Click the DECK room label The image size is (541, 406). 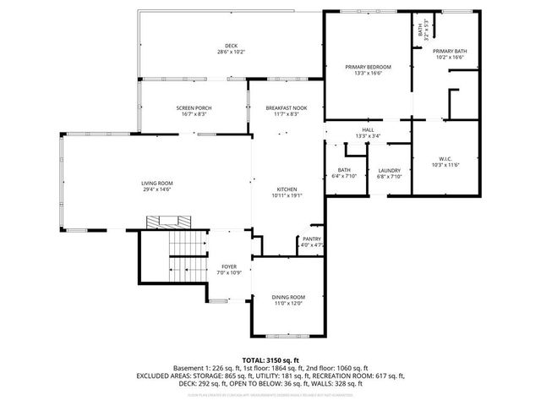click(231, 46)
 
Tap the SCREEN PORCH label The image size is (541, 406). click(194, 108)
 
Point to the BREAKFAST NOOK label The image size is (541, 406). click(287, 108)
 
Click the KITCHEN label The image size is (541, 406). click(287, 189)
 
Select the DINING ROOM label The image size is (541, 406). click(288, 297)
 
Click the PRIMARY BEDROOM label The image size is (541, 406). click(368, 66)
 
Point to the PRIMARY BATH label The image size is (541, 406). click(449, 51)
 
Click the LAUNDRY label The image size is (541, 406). click(389, 170)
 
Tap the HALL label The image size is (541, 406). click(368, 129)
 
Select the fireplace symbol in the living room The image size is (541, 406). click(166, 222)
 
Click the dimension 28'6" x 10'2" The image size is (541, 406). click(231, 52)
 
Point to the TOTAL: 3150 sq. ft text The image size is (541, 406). click(270, 359)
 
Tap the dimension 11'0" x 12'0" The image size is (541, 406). click(288, 303)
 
